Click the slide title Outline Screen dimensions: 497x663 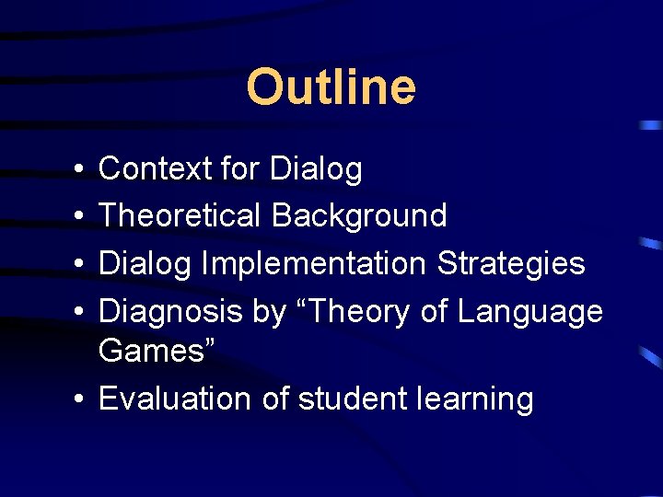331,87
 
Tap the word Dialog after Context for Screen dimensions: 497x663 315,169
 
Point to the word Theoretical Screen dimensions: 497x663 180,215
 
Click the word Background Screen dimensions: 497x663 359,215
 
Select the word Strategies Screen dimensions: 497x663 511,263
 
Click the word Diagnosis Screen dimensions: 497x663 171,311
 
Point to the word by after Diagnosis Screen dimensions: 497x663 270,313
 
